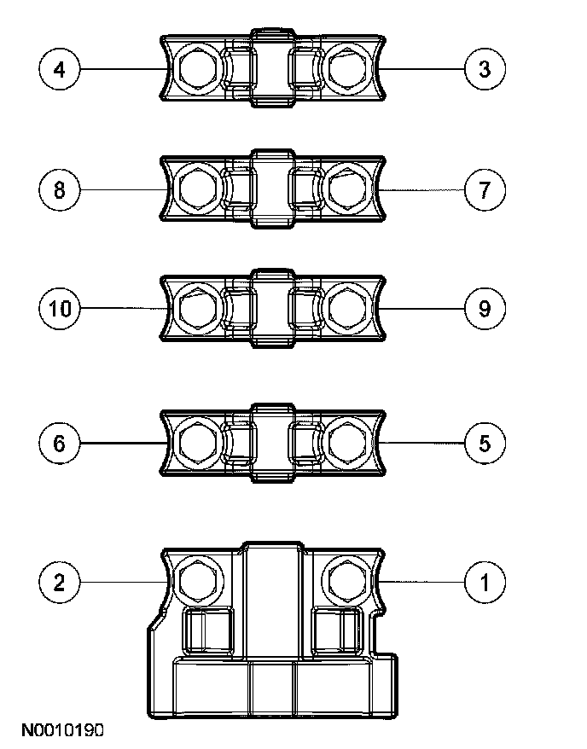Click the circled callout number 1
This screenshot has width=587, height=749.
(x=485, y=583)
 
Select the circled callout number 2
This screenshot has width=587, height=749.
(x=59, y=583)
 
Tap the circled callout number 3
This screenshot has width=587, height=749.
(x=485, y=69)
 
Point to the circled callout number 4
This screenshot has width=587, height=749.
(x=59, y=69)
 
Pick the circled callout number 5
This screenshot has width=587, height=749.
(x=485, y=443)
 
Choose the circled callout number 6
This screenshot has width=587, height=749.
(x=59, y=443)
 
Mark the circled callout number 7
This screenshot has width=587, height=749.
(x=485, y=189)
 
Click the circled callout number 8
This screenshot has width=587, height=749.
(x=59, y=189)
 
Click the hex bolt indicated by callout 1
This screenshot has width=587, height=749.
(x=346, y=581)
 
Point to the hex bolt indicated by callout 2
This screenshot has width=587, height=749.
(x=197, y=581)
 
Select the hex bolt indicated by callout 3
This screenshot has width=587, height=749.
(x=346, y=68)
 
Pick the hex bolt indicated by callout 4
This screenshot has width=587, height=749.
(x=197, y=68)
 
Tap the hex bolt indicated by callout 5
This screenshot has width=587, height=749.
(x=346, y=442)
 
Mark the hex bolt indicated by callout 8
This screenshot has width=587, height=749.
(x=197, y=189)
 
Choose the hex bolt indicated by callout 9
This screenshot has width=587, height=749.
(x=346, y=306)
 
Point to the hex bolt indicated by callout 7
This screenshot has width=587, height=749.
(x=346, y=189)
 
